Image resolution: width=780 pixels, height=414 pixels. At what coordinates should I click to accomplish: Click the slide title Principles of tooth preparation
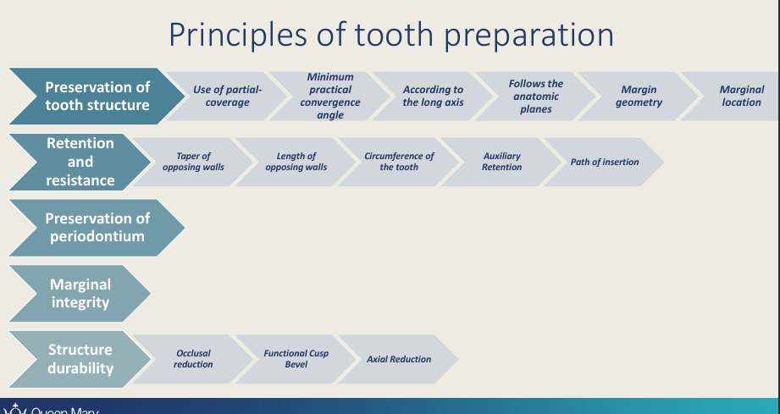tap(390, 35)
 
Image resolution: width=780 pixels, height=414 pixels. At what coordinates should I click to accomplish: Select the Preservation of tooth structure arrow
tap(96, 97)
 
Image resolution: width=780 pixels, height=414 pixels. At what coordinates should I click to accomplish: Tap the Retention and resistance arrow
tap(80, 162)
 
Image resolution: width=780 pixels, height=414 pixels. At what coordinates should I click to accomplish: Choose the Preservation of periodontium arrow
tap(96, 228)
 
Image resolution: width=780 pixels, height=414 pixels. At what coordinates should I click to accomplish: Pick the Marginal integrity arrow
tap(80, 293)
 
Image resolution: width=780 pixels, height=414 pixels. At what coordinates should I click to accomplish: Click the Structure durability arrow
tap(80, 359)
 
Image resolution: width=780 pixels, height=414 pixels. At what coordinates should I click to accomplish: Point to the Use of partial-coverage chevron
tap(227, 97)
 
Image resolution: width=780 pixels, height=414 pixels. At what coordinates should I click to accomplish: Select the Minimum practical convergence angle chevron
tap(330, 97)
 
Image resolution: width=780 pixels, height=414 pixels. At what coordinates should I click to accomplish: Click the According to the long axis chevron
tap(433, 97)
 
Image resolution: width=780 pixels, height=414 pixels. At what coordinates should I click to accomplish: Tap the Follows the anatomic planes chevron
tap(536, 97)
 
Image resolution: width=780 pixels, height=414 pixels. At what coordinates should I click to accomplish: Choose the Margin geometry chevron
tap(639, 97)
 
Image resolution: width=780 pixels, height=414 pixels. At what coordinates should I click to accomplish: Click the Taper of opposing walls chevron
tap(193, 162)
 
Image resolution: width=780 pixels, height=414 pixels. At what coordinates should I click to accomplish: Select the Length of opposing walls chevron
tap(296, 162)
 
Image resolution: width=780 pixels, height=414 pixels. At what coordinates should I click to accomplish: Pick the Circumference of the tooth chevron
tap(399, 162)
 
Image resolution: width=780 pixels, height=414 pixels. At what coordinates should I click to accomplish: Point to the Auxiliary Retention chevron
tap(501, 162)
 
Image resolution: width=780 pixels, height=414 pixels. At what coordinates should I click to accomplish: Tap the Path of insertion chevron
tap(604, 162)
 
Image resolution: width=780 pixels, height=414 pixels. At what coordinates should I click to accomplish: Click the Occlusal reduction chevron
tap(193, 359)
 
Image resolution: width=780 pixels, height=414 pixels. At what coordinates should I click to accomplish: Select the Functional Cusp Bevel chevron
tap(296, 359)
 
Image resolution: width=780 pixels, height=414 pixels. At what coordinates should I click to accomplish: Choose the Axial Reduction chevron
tap(399, 359)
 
